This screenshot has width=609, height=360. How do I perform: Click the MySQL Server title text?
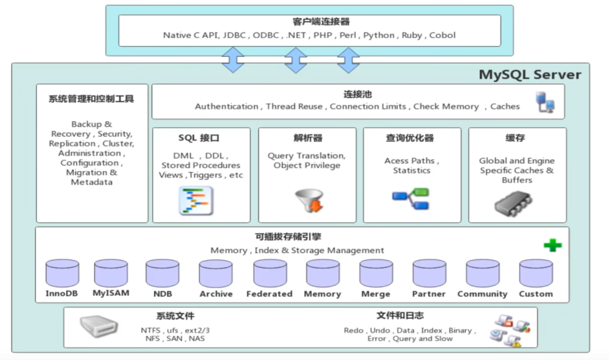(x=530, y=75)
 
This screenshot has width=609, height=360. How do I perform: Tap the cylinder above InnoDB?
(x=62, y=273)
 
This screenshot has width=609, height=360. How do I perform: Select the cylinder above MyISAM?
(x=111, y=273)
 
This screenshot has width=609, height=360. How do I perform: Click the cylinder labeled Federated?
(x=270, y=273)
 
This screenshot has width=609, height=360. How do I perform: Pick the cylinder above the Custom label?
(x=536, y=273)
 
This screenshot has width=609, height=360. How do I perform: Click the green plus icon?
(x=553, y=245)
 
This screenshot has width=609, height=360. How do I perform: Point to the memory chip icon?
(x=513, y=204)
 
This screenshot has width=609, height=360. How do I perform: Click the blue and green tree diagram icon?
(x=411, y=199)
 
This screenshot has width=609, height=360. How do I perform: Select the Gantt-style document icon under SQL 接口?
(x=196, y=201)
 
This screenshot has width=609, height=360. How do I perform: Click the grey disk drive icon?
(x=98, y=326)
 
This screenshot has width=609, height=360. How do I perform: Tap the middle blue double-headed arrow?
(x=295, y=60)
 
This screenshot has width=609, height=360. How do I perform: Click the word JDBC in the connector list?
(x=234, y=35)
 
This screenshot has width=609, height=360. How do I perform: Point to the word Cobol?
(x=442, y=35)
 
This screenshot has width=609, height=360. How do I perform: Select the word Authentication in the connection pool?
(x=226, y=106)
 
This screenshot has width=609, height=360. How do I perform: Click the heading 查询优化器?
(x=410, y=138)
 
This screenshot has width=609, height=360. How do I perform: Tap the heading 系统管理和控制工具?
(x=91, y=99)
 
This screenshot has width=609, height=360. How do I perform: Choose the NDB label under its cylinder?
(x=163, y=294)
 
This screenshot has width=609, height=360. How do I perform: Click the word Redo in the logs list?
(x=353, y=331)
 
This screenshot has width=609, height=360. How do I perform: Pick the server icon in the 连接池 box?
(x=545, y=102)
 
